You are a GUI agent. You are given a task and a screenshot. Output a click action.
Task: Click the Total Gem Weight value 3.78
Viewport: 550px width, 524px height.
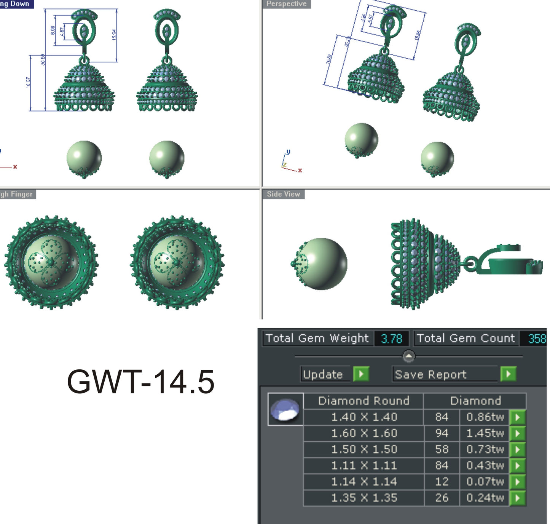391,339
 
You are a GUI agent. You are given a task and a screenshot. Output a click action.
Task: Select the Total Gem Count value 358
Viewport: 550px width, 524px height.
537,339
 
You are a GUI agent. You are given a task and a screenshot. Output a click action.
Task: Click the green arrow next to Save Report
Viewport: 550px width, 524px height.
508,374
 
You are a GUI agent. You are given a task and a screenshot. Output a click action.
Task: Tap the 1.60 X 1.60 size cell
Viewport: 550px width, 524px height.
364,433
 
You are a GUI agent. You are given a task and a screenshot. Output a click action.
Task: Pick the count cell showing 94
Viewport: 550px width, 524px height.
442,433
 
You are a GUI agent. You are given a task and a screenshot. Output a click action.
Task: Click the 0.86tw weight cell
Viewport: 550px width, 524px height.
485,417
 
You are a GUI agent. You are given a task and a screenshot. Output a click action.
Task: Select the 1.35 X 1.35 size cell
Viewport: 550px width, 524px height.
364,498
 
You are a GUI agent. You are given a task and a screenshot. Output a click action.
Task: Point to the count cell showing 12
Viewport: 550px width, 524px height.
442,482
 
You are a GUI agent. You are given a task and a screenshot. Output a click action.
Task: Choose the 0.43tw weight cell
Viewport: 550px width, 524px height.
485,465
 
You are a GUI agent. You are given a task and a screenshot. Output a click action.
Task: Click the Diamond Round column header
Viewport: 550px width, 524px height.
363,401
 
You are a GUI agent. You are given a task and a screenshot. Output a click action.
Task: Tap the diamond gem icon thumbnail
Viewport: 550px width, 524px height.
285,409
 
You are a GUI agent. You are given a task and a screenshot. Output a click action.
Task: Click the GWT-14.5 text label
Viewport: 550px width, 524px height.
140,382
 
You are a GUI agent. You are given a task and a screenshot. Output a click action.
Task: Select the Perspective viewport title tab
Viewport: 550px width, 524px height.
286,4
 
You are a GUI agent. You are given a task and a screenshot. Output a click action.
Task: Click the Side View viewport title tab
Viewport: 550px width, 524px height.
283,194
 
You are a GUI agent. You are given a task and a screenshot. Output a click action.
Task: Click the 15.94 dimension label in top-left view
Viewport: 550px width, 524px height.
114,35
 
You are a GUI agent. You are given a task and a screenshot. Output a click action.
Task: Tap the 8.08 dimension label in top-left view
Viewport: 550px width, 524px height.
53,30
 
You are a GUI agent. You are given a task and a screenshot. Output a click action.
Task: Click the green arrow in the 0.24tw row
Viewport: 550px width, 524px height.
517,498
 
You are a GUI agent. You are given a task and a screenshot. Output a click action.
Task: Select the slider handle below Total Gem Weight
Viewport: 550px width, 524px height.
408,356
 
